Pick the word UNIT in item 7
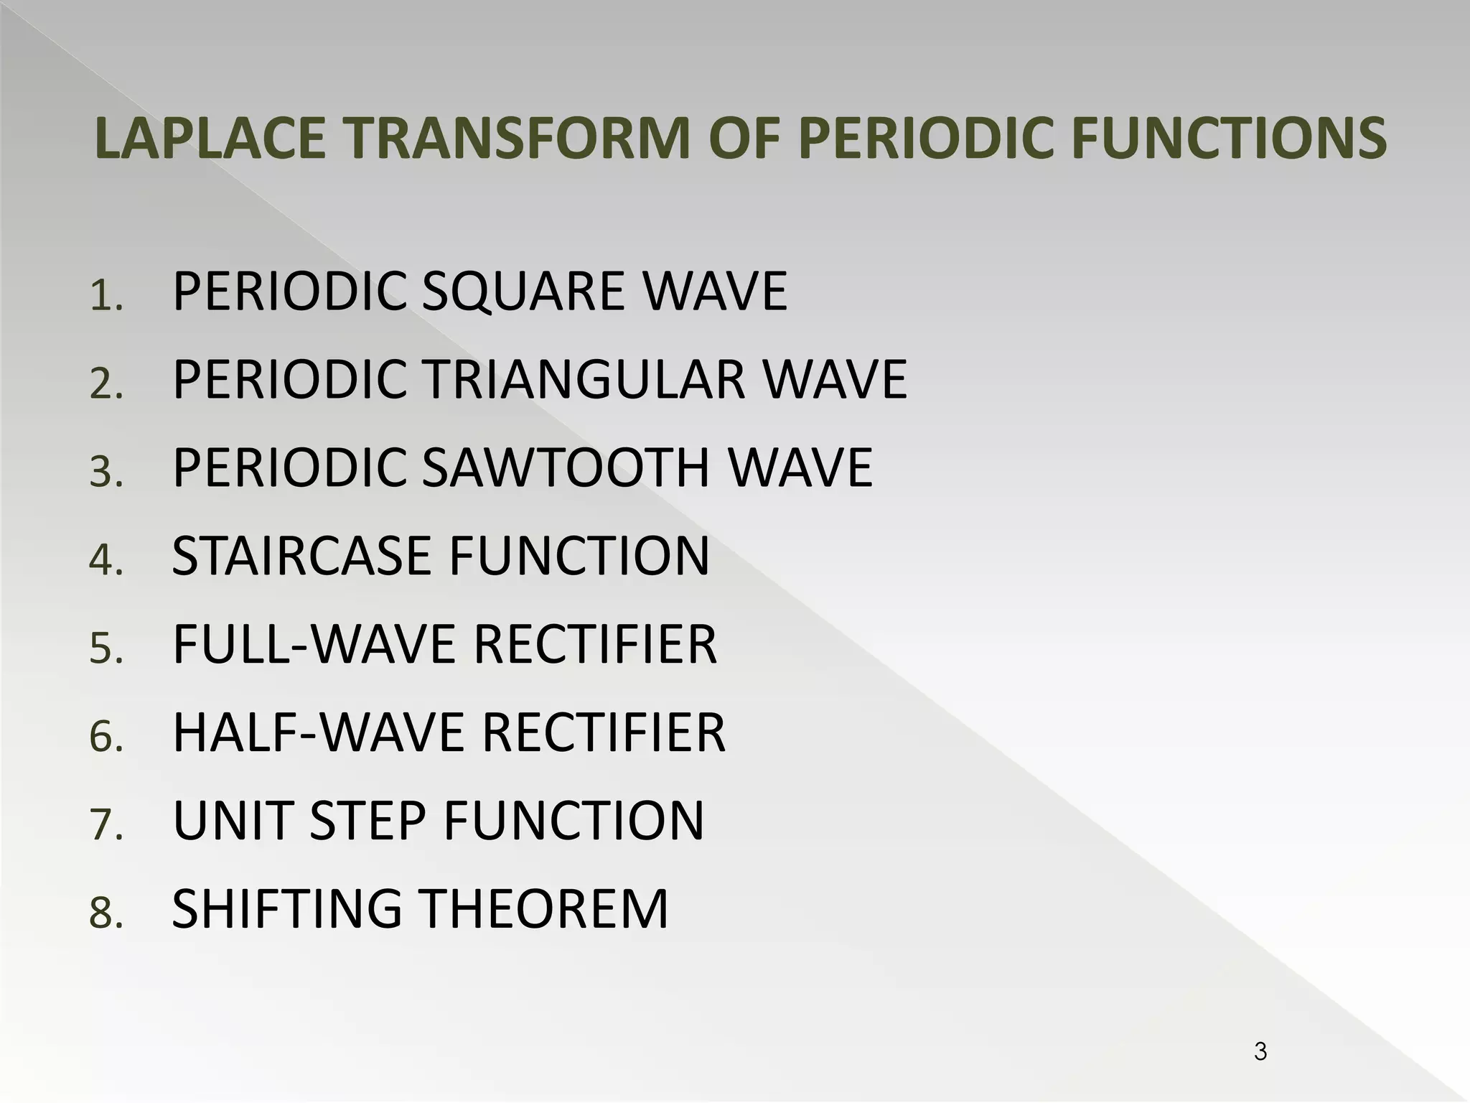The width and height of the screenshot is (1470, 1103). [x=233, y=821]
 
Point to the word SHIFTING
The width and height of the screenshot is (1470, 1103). [x=286, y=909]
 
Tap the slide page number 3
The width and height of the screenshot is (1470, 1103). [x=1260, y=1052]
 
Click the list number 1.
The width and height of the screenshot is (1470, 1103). [x=106, y=296]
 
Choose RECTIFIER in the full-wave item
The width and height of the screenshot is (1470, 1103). [x=595, y=644]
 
